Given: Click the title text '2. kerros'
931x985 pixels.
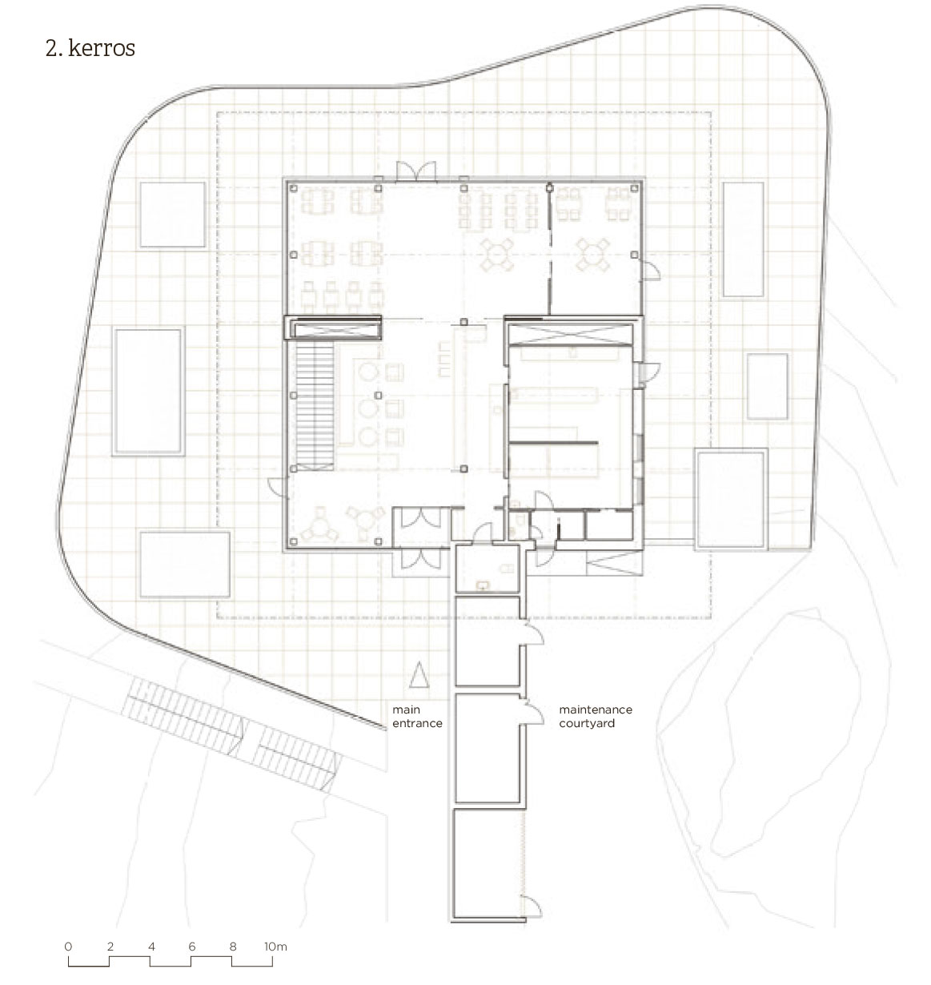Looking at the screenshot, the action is (90, 49).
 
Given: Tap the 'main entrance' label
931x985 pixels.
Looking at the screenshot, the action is (417, 717).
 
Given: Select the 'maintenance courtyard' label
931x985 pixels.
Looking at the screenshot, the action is (596, 717).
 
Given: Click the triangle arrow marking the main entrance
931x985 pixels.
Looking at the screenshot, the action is (419, 674).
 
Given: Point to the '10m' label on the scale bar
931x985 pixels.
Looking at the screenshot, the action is (275, 947).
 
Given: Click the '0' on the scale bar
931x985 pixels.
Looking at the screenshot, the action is (68, 947).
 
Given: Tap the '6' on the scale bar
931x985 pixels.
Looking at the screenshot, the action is (192, 947).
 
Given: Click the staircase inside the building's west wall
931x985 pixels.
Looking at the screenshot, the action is (315, 406).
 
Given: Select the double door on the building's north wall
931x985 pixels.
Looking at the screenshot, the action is (415, 171).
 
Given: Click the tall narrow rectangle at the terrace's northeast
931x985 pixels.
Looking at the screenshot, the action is (743, 239).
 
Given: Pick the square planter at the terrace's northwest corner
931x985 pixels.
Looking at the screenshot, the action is (172, 215).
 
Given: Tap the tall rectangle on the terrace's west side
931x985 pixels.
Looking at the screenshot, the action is (148, 392).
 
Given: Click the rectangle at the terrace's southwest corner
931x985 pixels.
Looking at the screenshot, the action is (185, 565).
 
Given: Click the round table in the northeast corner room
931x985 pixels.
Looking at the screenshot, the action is (592, 255).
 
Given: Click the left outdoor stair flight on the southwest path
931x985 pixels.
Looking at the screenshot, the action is (185, 710).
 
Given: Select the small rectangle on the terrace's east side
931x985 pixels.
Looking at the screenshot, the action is (767, 386).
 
